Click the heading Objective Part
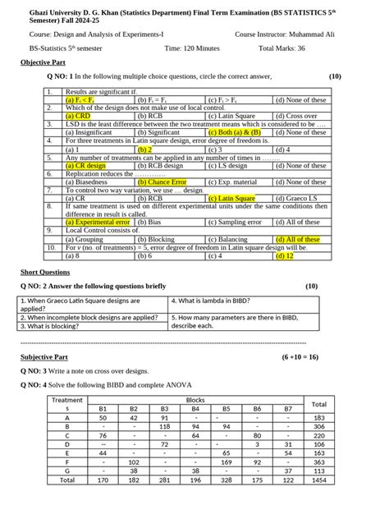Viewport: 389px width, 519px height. coord(43,62)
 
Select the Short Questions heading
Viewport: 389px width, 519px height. coord(45,271)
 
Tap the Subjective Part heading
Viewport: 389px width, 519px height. coord(43,357)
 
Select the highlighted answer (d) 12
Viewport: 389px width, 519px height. coord(286,255)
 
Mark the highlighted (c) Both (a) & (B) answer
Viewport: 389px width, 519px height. coord(234,132)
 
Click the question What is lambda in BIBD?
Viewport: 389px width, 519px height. coord(213,301)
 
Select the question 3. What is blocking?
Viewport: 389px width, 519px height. coord(55,326)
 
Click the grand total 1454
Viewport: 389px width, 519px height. coord(319,479)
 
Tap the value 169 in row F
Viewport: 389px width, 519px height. coord(226,461)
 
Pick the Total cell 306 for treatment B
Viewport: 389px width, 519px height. coord(319,426)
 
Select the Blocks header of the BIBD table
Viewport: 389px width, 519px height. coord(195,399)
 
